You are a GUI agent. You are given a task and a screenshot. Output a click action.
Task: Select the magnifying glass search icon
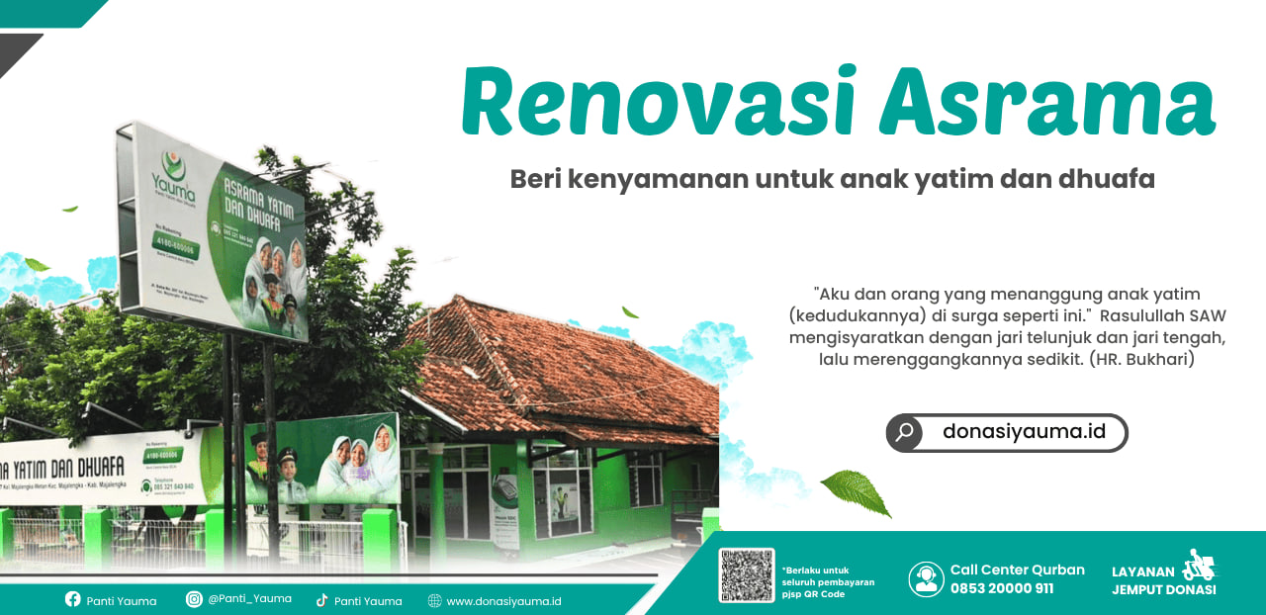(x=904, y=432)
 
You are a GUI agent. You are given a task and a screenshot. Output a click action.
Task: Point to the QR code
(x=747, y=575)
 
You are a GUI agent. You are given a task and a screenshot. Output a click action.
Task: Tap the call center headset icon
(x=926, y=578)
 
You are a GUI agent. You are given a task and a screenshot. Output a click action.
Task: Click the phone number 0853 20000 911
(x=1001, y=588)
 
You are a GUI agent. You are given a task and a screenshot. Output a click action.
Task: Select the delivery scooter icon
(x=1200, y=566)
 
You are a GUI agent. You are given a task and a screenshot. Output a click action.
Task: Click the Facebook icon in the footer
(x=72, y=599)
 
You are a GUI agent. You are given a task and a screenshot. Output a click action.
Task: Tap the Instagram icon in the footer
(x=194, y=599)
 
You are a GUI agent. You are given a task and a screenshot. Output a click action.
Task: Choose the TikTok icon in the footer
(x=321, y=600)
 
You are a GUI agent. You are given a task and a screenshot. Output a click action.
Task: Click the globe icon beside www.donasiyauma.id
(x=434, y=600)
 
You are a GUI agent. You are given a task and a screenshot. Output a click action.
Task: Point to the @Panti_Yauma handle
(x=249, y=599)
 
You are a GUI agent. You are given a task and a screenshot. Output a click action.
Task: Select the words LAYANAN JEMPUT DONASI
(x=1163, y=580)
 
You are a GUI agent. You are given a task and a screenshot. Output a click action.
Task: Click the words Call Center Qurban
(x=1017, y=570)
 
